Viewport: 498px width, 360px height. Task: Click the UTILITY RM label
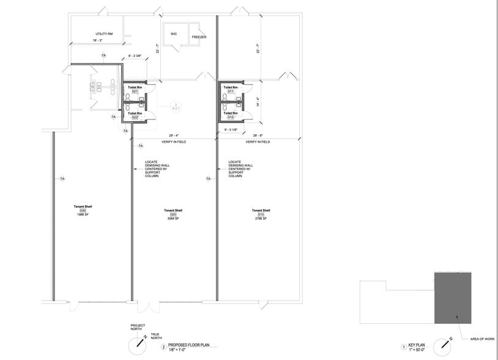(103, 34)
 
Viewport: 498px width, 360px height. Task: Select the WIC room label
(174, 33)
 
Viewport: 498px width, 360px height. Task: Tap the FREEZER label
(199, 37)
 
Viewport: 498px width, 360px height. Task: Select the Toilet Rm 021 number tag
(135, 92)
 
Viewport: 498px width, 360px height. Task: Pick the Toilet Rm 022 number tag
(135, 117)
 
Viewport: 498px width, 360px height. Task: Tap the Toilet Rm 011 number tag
(231, 92)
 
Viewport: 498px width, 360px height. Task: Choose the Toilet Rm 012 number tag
(231, 117)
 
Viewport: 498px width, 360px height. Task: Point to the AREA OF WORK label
(478, 338)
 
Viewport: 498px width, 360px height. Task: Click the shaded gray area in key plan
(453, 298)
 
